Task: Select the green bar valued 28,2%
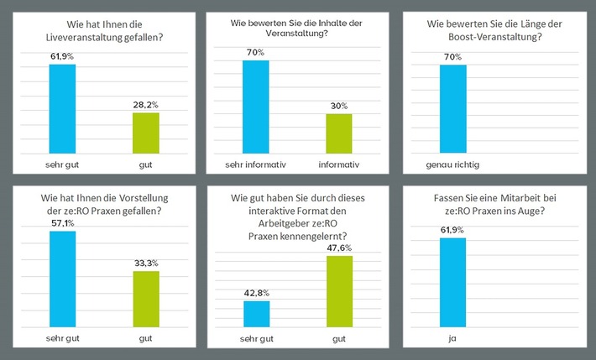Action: tap(146, 131)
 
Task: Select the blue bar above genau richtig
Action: tap(452, 108)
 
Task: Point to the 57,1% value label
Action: tap(62, 222)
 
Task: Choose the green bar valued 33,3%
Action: tap(146, 298)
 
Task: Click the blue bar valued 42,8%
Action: tap(256, 312)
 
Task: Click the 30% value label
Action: tap(339, 106)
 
